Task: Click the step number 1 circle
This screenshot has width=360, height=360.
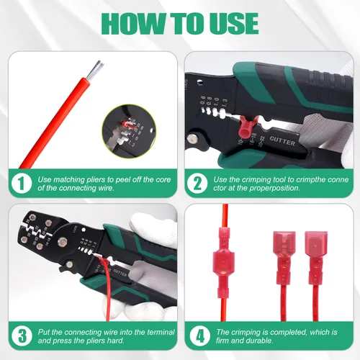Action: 22,184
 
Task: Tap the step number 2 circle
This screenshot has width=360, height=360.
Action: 197,184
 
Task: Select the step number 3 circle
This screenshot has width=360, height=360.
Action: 22,336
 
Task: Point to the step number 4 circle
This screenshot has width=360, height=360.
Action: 200,336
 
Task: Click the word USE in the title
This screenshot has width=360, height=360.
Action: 230,24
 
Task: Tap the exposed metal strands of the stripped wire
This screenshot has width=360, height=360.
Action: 95,70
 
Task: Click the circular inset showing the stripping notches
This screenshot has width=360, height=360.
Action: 129,131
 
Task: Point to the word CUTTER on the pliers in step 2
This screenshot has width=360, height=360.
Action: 282,141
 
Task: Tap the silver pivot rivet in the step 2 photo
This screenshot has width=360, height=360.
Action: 192,138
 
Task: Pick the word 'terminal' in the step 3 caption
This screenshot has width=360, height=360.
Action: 161,332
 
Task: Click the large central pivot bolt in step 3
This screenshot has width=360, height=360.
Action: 63,242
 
